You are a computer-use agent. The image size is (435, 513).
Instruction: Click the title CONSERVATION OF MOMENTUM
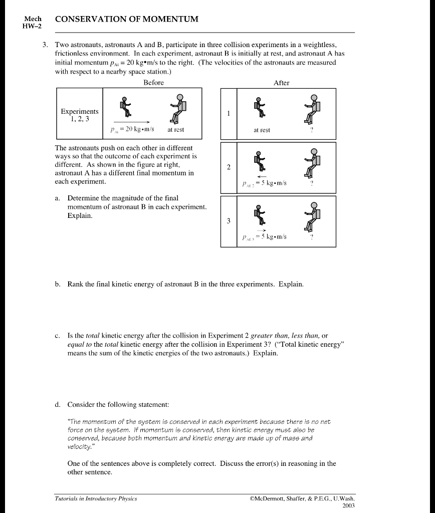pos(126,19)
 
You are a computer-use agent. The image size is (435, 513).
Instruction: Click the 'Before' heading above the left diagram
pos(153,83)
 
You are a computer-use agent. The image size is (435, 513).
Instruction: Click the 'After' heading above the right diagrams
pos(281,83)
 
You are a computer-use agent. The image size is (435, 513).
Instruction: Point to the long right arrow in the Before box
pos(132,122)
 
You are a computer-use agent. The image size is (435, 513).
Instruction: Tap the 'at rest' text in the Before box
pos(175,129)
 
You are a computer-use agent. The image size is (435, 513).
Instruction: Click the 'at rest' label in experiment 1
pos(262,130)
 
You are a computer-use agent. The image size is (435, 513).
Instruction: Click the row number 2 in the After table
pos(229,167)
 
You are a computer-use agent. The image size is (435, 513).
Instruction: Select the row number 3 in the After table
pos(229,221)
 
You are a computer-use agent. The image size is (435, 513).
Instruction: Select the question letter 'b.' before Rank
pos(58,284)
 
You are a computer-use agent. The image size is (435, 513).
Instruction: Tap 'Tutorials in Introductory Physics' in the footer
pos(96,498)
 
